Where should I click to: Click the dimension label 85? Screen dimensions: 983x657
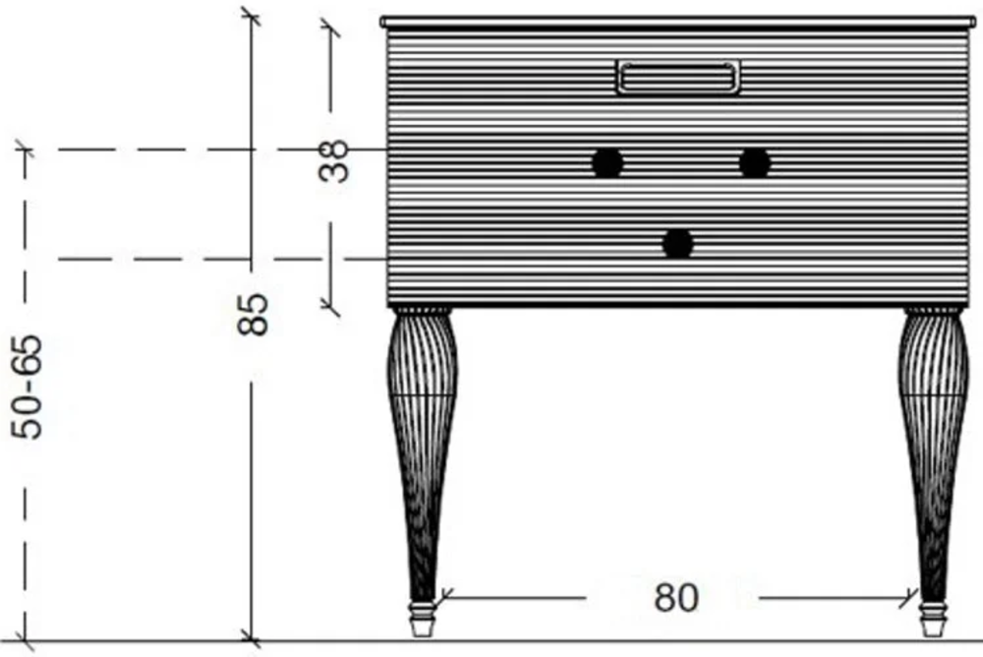pyautogui.click(x=254, y=314)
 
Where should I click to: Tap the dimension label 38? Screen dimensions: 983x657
pyautogui.click(x=333, y=160)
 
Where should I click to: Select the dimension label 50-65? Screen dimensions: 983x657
pyautogui.click(x=27, y=388)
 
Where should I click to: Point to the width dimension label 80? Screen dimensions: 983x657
pyautogui.click(x=676, y=597)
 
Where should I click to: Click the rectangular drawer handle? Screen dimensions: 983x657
pyautogui.click(x=677, y=77)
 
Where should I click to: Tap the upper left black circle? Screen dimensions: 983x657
pyautogui.click(x=607, y=163)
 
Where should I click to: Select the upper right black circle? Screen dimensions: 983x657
pyautogui.click(x=754, y=163)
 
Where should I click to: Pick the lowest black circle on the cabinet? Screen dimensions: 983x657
pyautogui.click(x=677, y=244)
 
